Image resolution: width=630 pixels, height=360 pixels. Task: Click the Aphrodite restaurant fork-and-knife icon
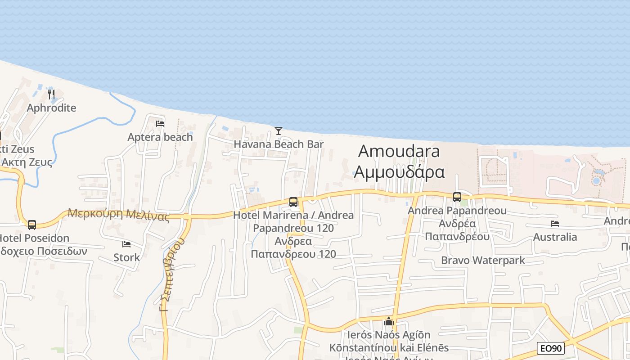[52, 94]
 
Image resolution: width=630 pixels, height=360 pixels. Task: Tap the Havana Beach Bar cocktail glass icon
[279, 131]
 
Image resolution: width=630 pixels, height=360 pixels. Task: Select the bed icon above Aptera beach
[160, 124]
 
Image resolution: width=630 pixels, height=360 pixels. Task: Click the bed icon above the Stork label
[126, 244]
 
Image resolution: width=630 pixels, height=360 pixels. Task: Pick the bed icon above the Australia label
[554, 224]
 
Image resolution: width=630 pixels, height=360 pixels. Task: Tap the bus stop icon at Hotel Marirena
[293, 202]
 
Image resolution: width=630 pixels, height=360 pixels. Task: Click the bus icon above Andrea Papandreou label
[457, 197]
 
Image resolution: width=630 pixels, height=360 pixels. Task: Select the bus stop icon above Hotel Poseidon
[31, 225]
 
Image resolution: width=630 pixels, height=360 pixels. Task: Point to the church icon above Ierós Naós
[389, 322]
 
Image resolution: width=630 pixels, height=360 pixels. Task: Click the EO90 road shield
[551, 348]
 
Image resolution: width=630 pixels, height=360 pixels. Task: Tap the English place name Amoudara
[399, 151]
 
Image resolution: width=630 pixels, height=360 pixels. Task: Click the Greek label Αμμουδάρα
[399, 172]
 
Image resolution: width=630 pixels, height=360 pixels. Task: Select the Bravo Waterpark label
[483, 260]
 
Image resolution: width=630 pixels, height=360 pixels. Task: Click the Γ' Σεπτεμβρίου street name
[172, 274]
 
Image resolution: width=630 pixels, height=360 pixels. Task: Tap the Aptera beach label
[160, 137]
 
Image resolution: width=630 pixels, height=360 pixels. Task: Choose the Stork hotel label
[126, 258]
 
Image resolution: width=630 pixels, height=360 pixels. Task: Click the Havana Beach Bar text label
[279, 144]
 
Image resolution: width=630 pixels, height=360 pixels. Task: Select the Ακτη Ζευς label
[27, 162]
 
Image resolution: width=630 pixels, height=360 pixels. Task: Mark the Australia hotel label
[555, 237]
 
